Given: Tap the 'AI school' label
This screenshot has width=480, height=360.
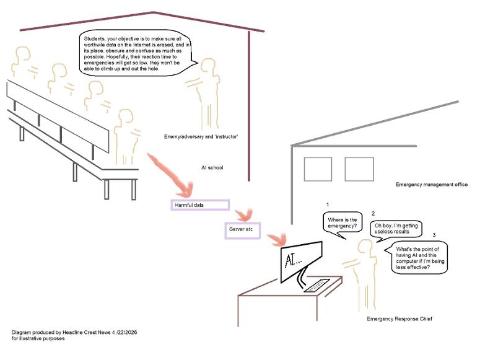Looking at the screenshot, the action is click(212, 167).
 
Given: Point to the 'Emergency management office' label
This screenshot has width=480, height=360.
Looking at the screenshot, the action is click(432, 185).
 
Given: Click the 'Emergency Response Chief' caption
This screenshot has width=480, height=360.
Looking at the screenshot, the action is click(399, 318).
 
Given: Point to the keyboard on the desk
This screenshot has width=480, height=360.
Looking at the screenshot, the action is click(316, 286).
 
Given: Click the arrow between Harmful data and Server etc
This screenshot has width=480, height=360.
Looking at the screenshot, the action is click(244, 215).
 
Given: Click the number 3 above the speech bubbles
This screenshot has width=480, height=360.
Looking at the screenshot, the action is click(434, 235).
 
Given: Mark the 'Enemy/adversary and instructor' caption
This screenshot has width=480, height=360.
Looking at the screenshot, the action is click(201, 137).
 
